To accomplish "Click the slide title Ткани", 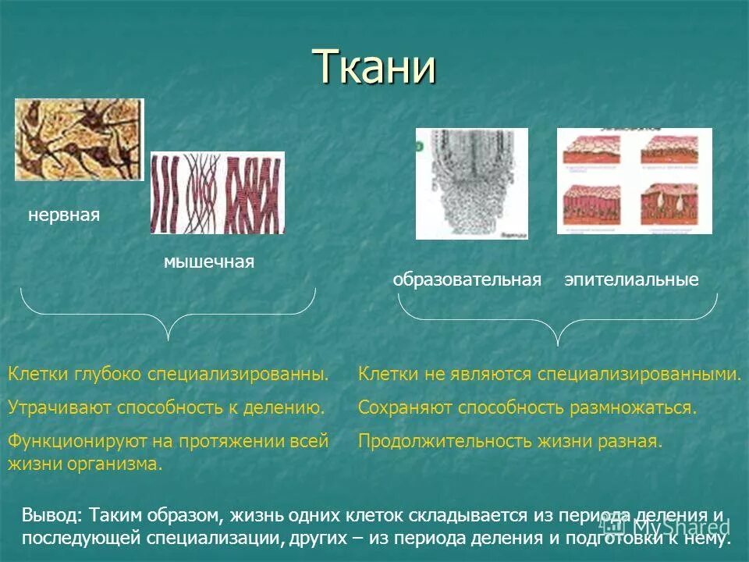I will pyautogui.click(x=374, y=67).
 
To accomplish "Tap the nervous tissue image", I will pyautogui.click(x=80, y=140).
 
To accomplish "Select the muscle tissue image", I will pyautogui.click(x=217, y=193).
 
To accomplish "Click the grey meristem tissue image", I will pyautogui.click(x=471, y=183).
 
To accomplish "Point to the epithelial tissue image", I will pyautogui.click(x=634, y=181).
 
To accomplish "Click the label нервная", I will pyautogui.click(x=64, y=215).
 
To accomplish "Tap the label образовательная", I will pyautogui.click(x=467, y=280).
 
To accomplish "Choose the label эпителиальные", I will pyautogui.click(x=631, y=280).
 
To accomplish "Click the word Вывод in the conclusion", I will pyautogui.click(x=50, y=516).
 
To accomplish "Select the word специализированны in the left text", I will pyautogui.click(x=238, y=374).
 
